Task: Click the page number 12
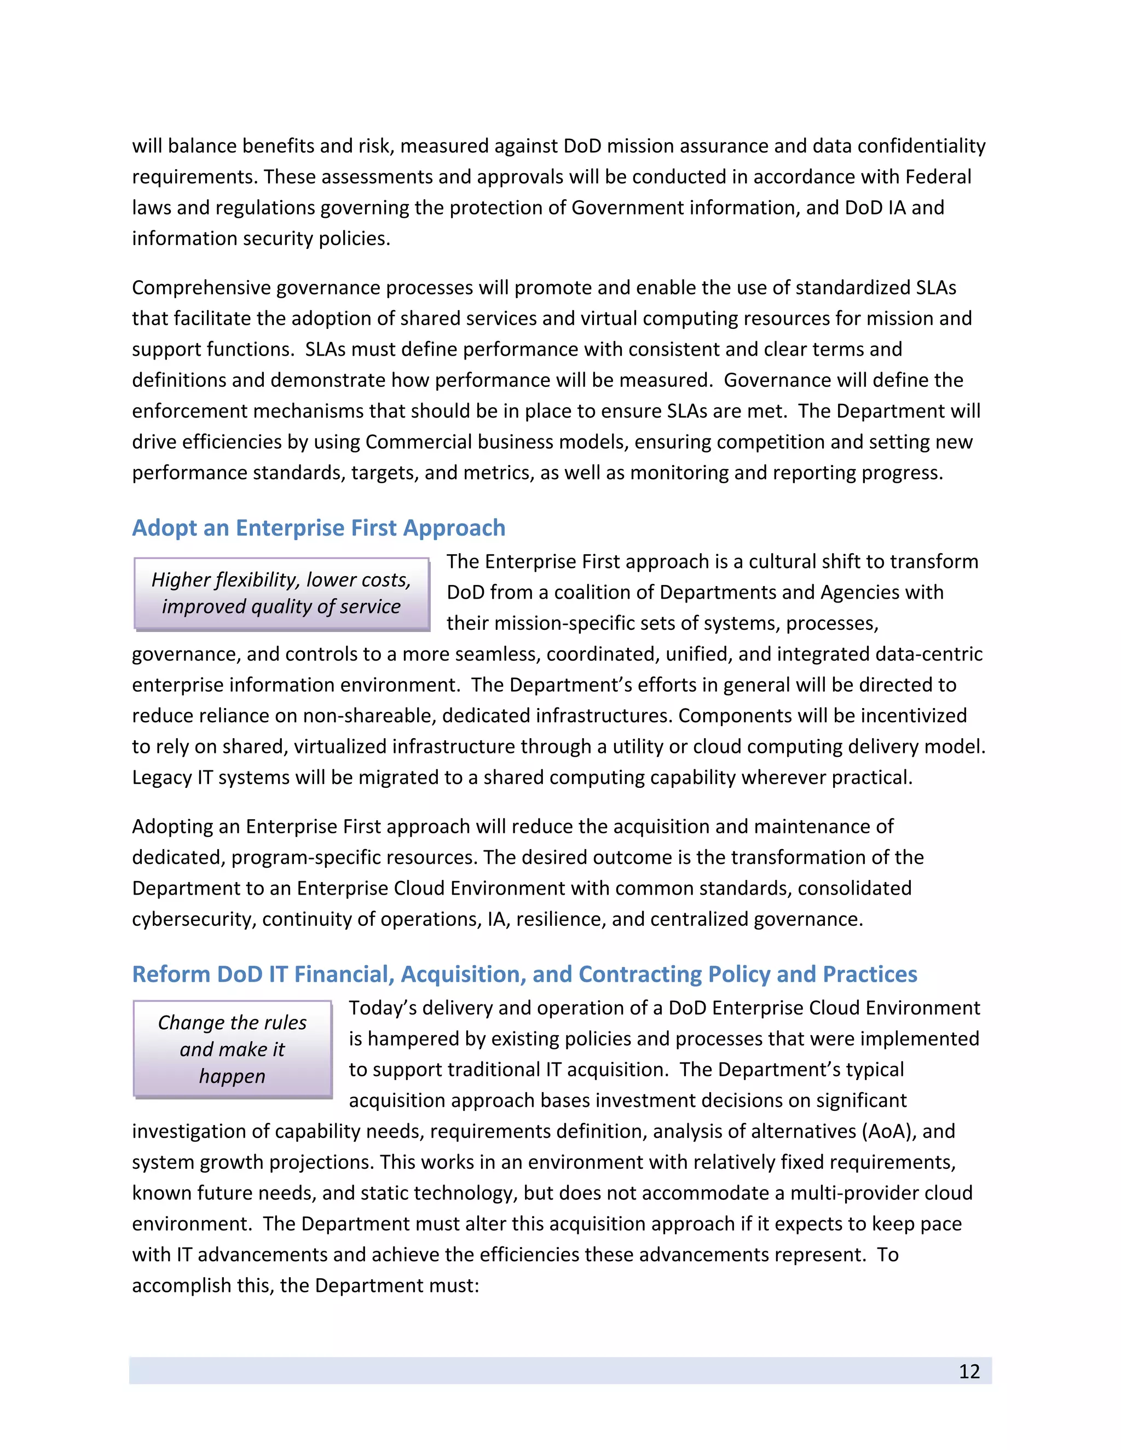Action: (x=969, y=1371)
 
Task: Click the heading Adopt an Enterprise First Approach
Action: (x=318, y=528)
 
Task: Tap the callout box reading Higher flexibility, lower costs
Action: (x=281, y=593)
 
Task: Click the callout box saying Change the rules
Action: (x=233, y=1049)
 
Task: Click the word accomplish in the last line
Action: (x=181, y=1285)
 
